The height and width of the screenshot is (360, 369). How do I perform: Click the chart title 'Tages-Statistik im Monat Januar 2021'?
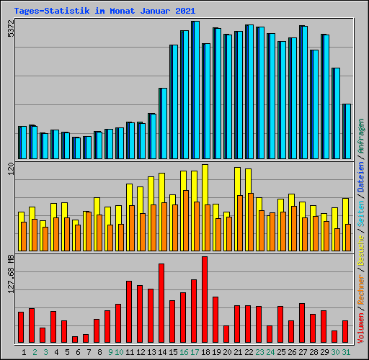point(105,11)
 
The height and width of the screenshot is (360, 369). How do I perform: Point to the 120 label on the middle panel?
point(10,169)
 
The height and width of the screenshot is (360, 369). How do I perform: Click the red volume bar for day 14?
point(161,303)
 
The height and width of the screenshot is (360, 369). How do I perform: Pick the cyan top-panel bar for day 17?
point(195,90)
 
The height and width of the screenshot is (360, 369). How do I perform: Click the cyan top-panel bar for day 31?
point(347,131)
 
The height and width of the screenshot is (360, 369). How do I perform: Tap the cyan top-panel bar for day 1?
point(22,143)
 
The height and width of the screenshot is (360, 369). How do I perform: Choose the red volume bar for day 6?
point(75,339)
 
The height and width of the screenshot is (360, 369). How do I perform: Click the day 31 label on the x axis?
point(347,352)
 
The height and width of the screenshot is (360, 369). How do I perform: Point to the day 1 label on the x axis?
point(25,352)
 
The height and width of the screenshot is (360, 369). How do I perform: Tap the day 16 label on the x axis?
point(184,352)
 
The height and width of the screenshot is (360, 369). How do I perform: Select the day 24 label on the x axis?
point(270,352)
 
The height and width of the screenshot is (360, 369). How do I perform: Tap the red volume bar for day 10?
point(118,323)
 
